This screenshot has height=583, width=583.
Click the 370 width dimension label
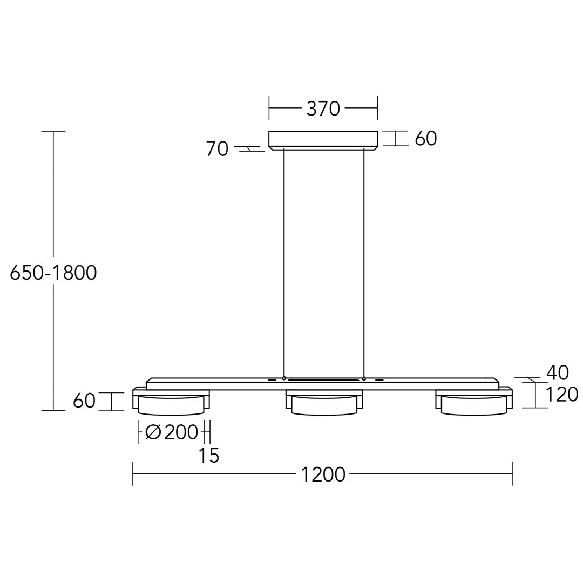click(x=323, y=109)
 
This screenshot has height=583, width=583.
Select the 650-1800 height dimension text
click(x=53, y=273)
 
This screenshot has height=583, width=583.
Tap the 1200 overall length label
click(x=323, y=475)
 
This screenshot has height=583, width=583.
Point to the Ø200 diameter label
click(x=172, y=432)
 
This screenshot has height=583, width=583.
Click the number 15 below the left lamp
click(x=209, y=456)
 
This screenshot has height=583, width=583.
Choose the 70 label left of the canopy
click(x=217, y=149)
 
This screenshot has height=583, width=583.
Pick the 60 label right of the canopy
click(x=426, y=139)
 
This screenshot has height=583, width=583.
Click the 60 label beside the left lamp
click(x=84, y=401)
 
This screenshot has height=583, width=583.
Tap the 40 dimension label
click(x=557, y=372)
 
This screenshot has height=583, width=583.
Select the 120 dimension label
click(x=561, y=395)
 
